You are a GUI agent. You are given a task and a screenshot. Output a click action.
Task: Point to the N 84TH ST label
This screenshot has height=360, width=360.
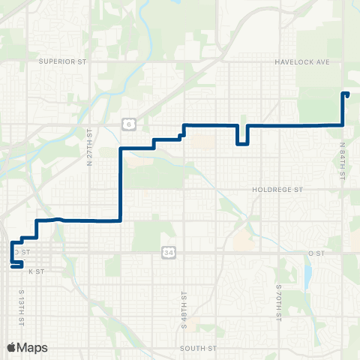pos(342,162)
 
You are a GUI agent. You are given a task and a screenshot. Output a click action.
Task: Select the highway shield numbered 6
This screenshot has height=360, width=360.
pos(128,122)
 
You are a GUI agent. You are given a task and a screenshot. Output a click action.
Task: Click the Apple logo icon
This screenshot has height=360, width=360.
pos(11,347)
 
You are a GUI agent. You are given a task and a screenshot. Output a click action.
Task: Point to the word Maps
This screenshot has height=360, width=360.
pos(33,347)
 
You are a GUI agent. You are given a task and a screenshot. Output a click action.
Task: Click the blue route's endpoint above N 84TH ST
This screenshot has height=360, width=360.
pos(346,94)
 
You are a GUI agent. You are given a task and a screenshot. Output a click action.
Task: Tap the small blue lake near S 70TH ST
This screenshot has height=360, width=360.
pos(307,278)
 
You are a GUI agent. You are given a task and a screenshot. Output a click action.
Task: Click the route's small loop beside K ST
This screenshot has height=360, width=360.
pos(16,265)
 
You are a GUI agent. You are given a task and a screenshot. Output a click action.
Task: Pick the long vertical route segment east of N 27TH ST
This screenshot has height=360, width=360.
pos(120,184)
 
